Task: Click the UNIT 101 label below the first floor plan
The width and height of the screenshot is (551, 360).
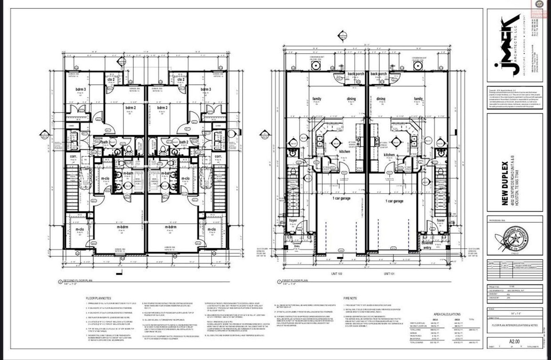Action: pyautogui.click(x=390, y=274)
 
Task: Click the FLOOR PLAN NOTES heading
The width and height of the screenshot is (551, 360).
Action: pyautogui.click(x=98, y=298)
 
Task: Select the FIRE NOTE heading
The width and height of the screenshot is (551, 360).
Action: pyautogui.click(x=350, y=298)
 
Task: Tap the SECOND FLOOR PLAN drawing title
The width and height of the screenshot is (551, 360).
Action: pyautogui.click(x=77, y=281)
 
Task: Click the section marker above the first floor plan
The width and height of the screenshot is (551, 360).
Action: pyautogui.click(x=342, y=36)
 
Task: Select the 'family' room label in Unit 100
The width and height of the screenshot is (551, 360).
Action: pyautogui.click(x=317, y=99)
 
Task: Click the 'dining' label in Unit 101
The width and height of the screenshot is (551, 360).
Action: pyautogui.click(x=381, y=99)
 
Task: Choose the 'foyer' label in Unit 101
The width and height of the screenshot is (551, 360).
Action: pyautogui.click(x=440, y=220)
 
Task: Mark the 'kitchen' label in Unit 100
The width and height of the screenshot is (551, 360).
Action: pyautogui.click(x=345, y=152)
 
